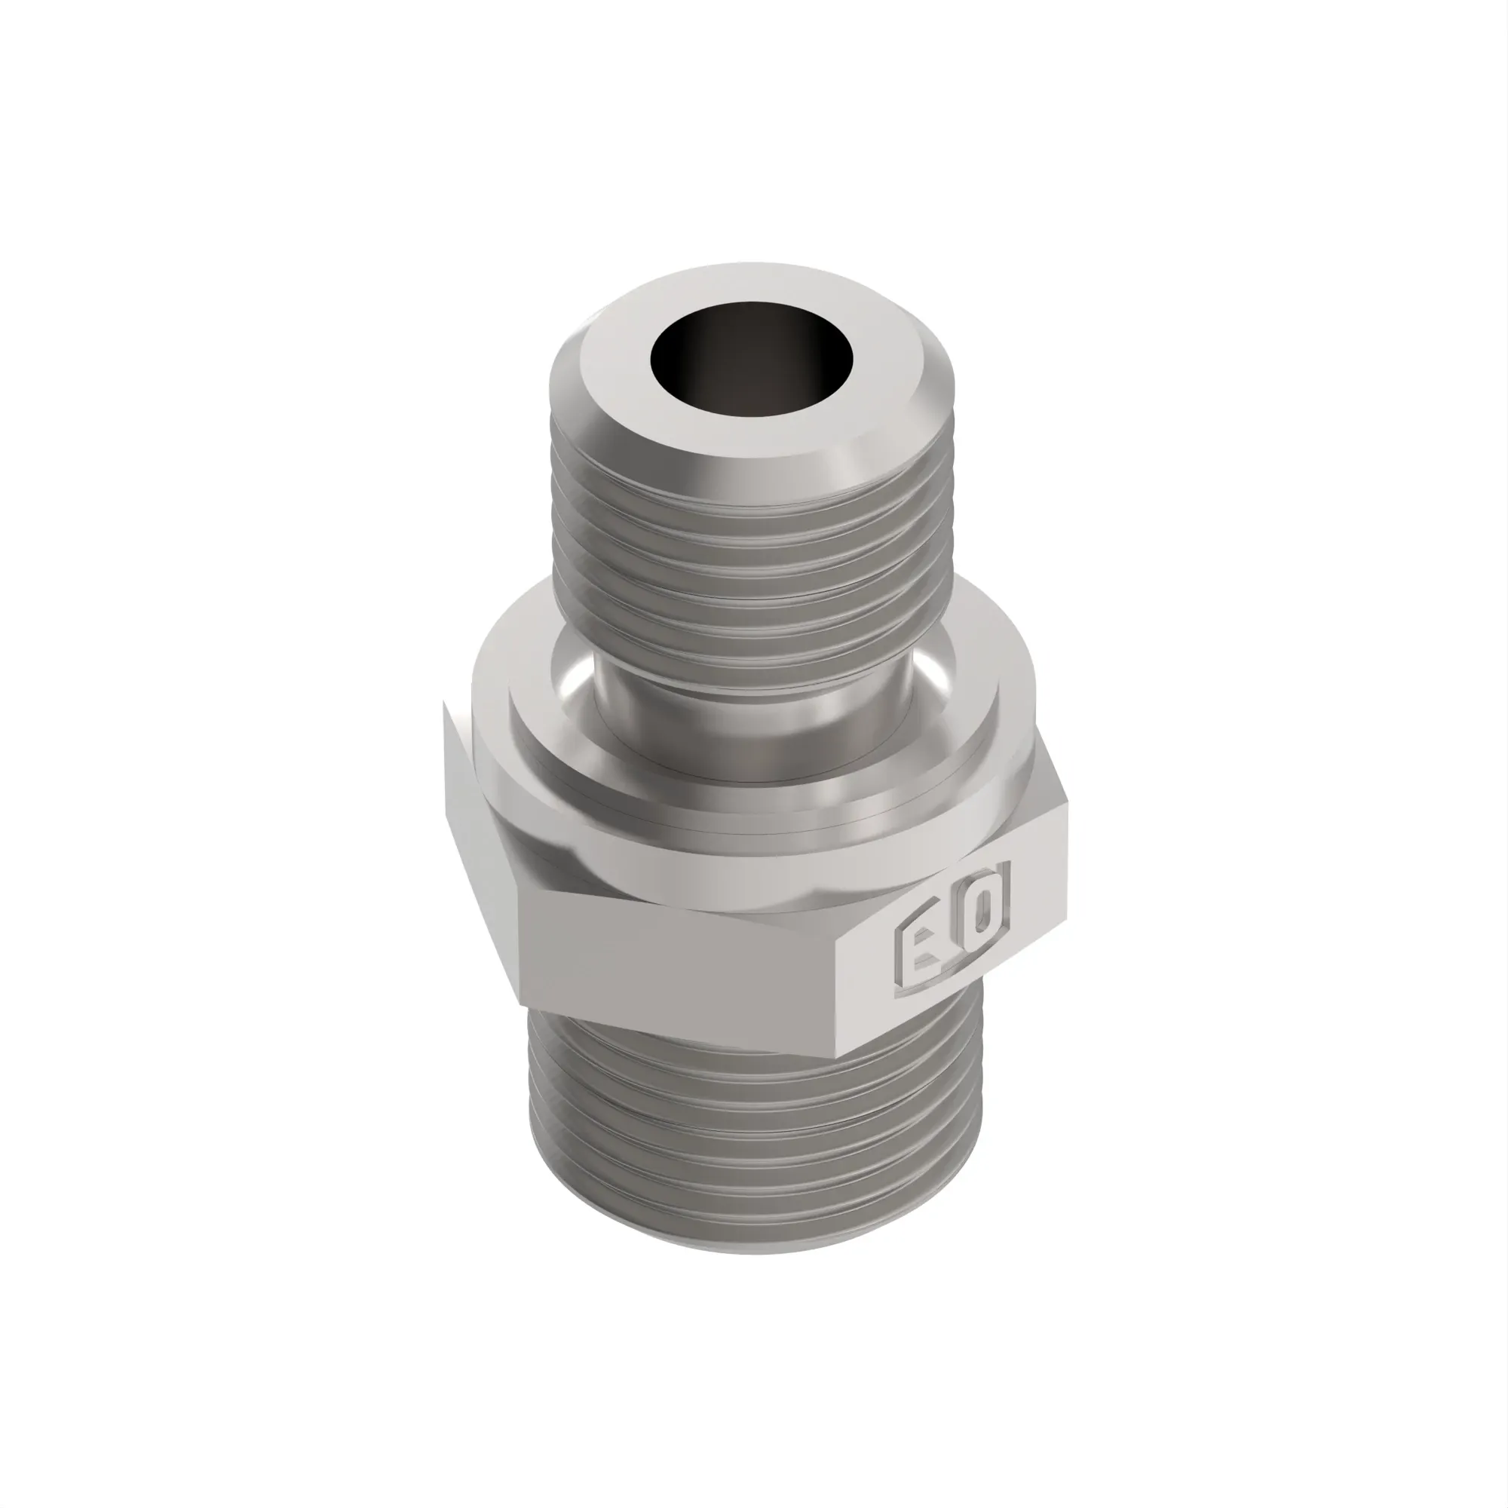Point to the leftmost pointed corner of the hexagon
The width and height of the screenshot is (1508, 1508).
pyautogui.click(x=444, y=703)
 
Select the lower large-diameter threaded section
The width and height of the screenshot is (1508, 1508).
pyautogui.click(x=749, y=1139)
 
